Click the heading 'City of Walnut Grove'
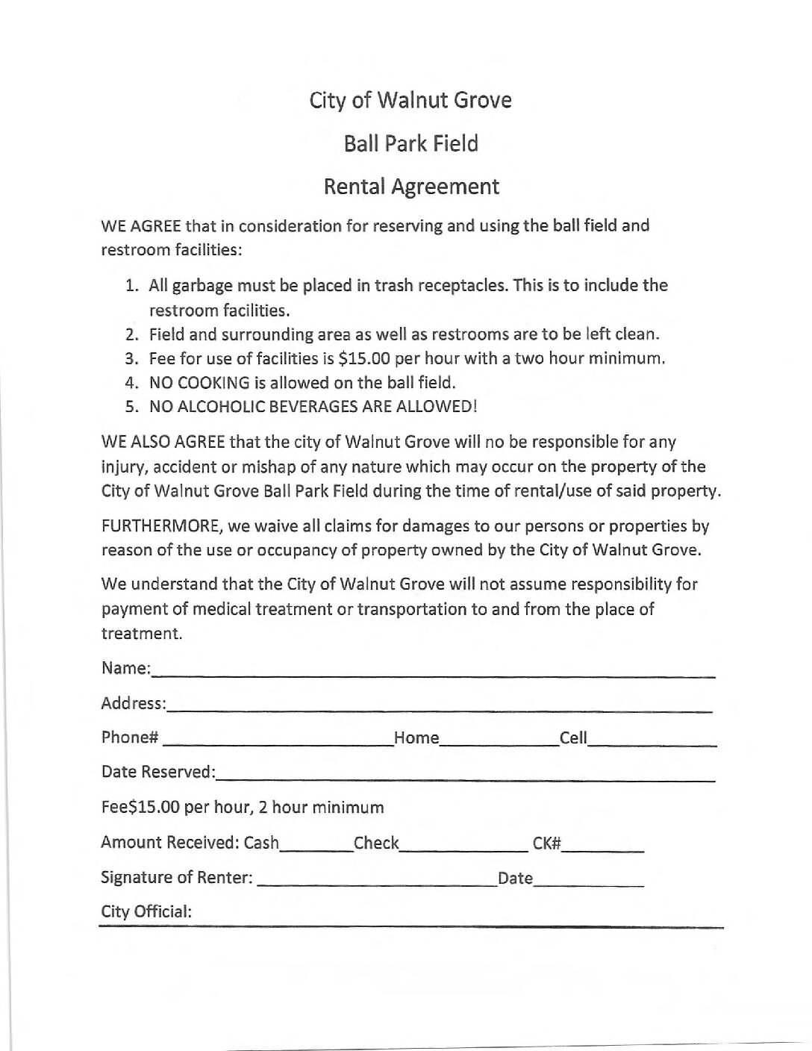pyautogui.click(x=410, y=100)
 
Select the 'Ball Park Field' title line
pyautogui.click(x=410, y=143)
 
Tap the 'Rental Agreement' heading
pyautogui.click(x=410, y=187)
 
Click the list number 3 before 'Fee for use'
pyautogui.click(x=133, y=358)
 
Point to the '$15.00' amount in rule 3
pyautogui.click(x=364, y=358)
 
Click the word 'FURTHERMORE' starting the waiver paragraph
pyautogui.click(x=161, y=526)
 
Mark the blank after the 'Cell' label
pyautogui.click(x=652, y=741)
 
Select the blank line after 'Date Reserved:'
pyautogui.click(x=466, y=776)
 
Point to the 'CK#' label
pyautogui.click(x=546, y=843)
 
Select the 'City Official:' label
pyautogui.click(x=146, y=911)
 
